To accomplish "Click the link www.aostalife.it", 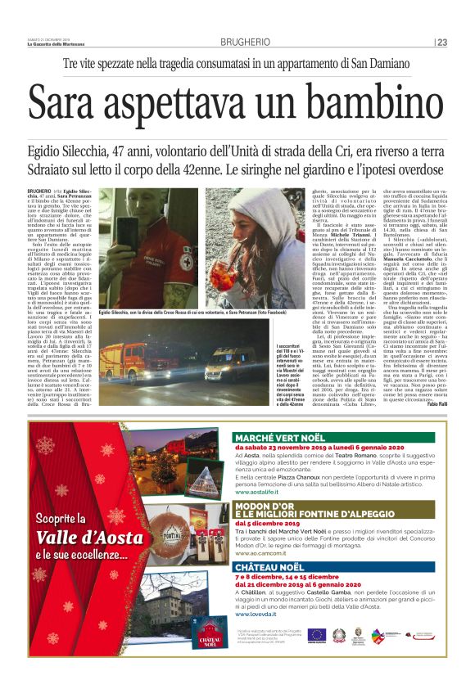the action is point(256,493).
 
